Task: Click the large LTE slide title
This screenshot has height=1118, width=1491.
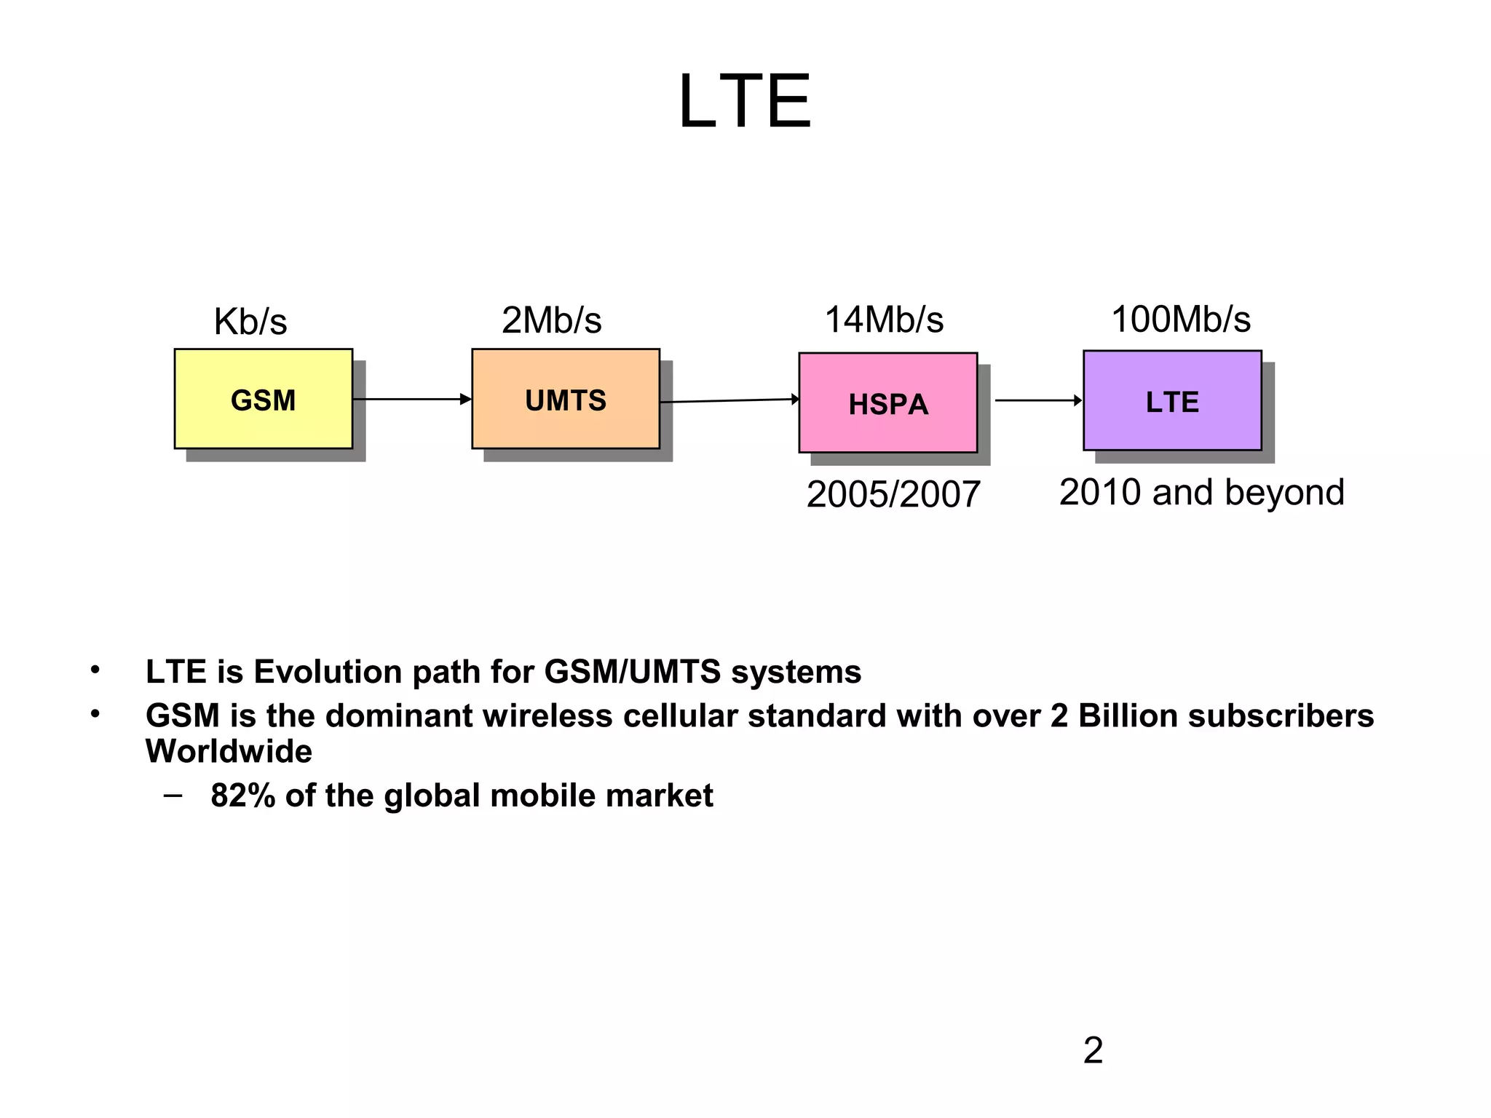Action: pos(744,102)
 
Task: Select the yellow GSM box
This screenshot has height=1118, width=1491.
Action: pos(263,399)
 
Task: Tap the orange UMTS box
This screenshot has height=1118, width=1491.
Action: pos(565,399)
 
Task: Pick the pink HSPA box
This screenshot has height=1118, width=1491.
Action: pos(887,403)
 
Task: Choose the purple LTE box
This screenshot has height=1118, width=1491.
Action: pos(1171,401)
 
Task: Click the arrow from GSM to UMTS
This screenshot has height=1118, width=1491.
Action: pos(412,399)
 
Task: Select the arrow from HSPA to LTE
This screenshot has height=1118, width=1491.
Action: pos(1038,400)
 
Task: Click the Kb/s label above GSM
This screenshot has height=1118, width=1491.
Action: pos(250,321)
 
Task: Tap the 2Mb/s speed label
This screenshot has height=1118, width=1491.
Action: pos(551,320)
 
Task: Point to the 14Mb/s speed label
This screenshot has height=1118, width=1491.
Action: pos(883,320)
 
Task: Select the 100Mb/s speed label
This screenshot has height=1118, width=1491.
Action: pos(1180,319)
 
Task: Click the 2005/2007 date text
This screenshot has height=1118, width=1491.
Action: pos(893,494)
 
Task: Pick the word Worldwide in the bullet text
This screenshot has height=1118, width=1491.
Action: pos(229,751)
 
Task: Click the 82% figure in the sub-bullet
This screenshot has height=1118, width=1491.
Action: pos(242,796)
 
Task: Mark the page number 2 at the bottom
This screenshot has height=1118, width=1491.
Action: pos(1093,1050)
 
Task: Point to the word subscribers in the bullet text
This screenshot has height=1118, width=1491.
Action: pos(1281,715)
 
